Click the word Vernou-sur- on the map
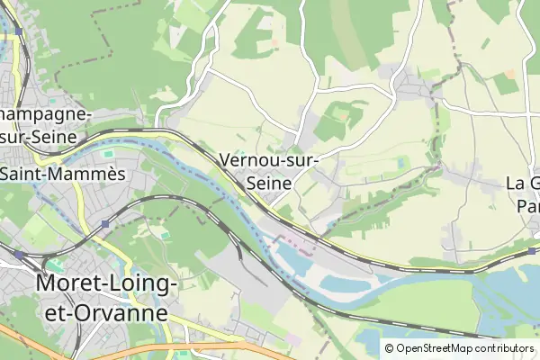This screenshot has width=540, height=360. point(269,161)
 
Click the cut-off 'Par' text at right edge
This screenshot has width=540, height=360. point(527,205)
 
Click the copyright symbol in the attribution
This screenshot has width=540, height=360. point(390,348)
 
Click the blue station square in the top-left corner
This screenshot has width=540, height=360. point(16,31)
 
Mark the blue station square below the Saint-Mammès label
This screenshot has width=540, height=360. point(106,223)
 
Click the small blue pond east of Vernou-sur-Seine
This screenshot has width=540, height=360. point(400,163)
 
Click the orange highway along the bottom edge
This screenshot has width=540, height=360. point(180,346)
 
